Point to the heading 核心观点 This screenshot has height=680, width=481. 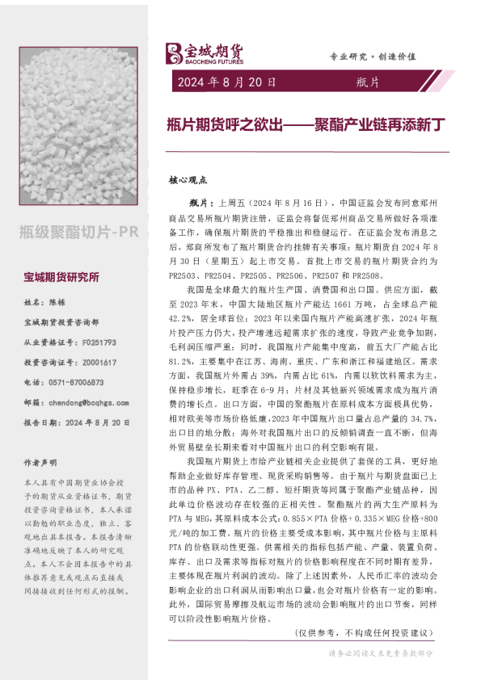tap(188, 180)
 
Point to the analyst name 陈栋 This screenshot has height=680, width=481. tap(57, 303)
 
